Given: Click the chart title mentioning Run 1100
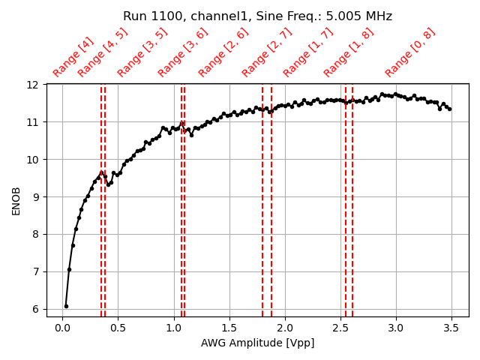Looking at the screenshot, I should pyautogui.click(x=257, y=16).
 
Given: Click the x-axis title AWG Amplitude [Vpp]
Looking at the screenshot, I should pyautogui.click(x=257, y=343).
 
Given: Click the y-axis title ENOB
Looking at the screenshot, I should pyautogui.click(x=16, y=200).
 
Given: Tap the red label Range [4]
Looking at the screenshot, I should pyautogui.click(x=73, y=57).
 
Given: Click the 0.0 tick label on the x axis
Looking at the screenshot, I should pyautogui.click(x=62, y=328).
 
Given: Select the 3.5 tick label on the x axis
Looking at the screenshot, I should pyautogui.click(x=451, y=328).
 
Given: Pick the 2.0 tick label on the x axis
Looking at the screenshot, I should pyautogui.click(x=285, y=328).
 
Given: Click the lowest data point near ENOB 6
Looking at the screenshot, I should pyautogui.click(x=66, y=306).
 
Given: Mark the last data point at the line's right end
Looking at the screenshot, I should pyautogui.click(x=449, y=109).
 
